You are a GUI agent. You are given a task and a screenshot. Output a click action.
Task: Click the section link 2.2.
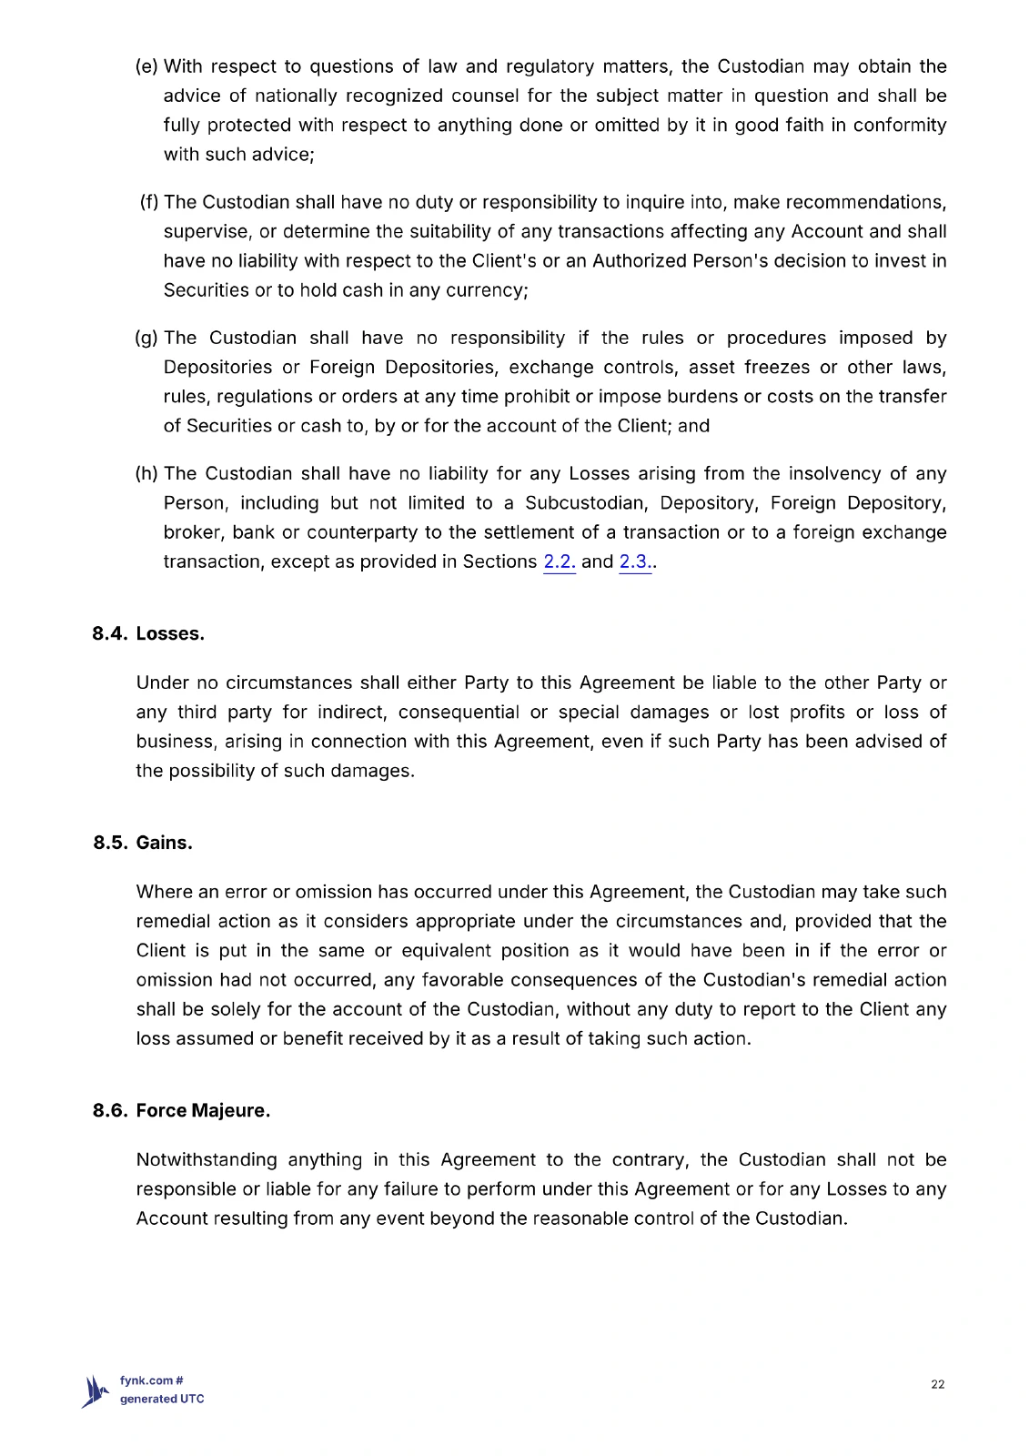tap(559, 561)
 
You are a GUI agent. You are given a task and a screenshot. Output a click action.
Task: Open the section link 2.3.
tap(635, 561)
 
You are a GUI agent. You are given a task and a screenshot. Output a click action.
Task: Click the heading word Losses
tap(170, 633)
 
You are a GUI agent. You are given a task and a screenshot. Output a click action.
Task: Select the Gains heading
tap(165, 843)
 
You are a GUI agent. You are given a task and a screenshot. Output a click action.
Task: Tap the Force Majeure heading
tap(203, 1110)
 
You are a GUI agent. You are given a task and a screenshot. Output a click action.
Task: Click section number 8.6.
tap(110, 1110)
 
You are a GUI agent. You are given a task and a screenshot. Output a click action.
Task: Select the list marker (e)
tap(146, 66)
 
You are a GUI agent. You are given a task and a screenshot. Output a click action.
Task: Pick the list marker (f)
tap(149, 202)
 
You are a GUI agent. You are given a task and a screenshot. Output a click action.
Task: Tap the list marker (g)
tap(146, 338)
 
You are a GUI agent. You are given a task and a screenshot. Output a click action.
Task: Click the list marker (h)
tap(146, 473)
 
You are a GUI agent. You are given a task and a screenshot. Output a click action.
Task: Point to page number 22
tap(938, 1384)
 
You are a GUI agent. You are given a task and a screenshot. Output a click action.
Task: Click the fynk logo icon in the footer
tap(95, 1391)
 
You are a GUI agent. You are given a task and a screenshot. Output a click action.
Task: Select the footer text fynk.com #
tap(152, 1380)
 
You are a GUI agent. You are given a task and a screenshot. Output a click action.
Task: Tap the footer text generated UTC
tap(162, 1399)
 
